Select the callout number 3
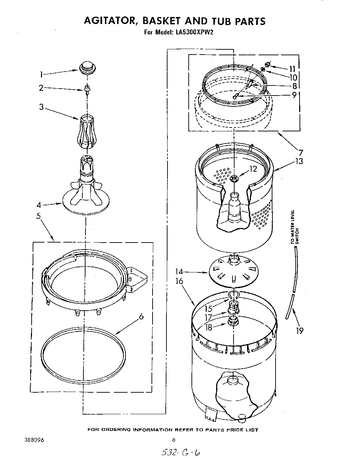[41, 107]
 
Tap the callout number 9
[294, 95]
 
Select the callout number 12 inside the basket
[253, 169]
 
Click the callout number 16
[179, 281]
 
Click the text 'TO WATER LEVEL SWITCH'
[295, 227]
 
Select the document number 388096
[34, 440]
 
